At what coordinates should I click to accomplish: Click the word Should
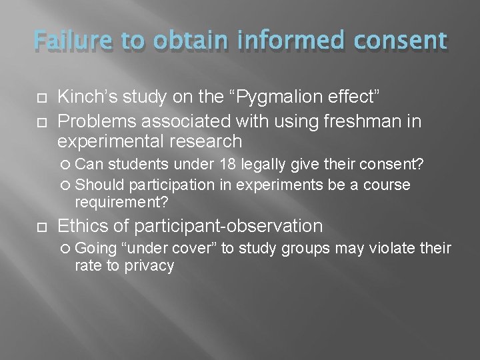[101, 185]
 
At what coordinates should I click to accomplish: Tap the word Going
[97, 249]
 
